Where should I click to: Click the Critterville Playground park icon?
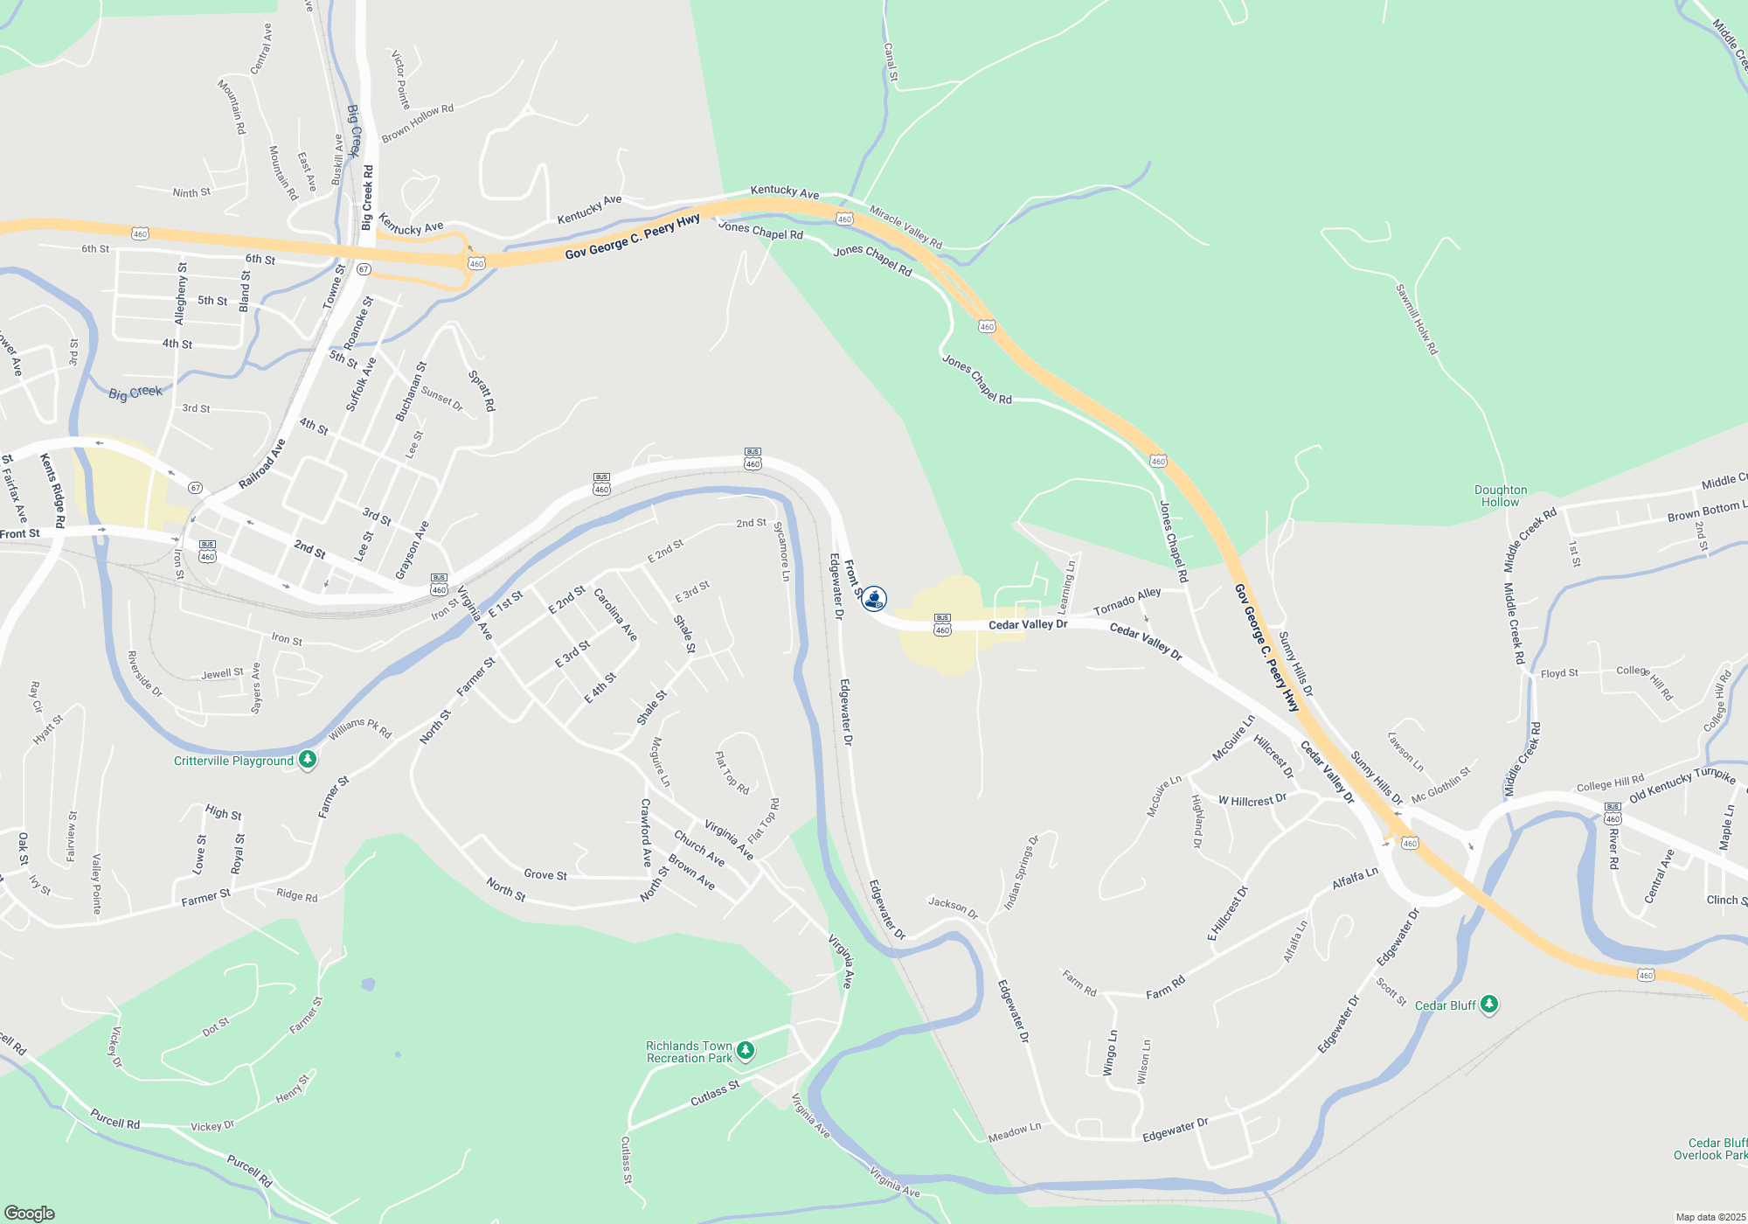pos(307,760)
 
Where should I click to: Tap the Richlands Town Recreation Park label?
pos(690,1052)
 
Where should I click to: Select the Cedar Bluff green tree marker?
pos(1489,1005)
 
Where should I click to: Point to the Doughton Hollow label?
pos(1501,496)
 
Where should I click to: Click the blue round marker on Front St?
pos(874,599)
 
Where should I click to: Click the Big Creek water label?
pos(135,393)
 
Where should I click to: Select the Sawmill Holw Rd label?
pos(1416,319)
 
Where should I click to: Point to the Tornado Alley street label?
pos(1127,601)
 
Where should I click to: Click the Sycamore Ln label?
pos(781,552)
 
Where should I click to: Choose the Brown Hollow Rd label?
pos(418,122)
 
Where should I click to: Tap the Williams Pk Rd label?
pos(360,728)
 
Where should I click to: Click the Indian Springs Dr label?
pos(1021,873)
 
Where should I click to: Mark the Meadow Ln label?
pos(1014,1132)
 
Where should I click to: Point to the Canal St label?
pos(891,62)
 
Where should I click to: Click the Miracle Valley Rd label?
pos(905,227)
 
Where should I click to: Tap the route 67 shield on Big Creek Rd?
pos(364,268)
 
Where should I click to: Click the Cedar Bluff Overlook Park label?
pos(1710,1149)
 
